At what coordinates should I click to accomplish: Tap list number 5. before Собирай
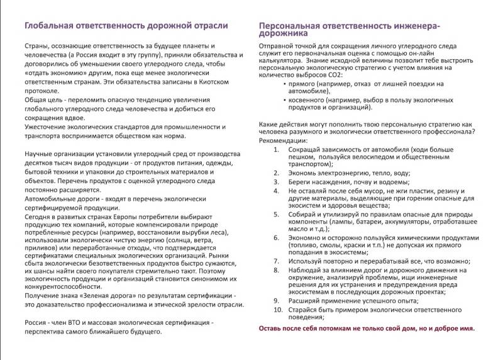click(277, 213)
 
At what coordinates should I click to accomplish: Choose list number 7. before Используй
click(277, 261)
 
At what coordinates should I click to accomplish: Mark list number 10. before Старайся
click(277, 310)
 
